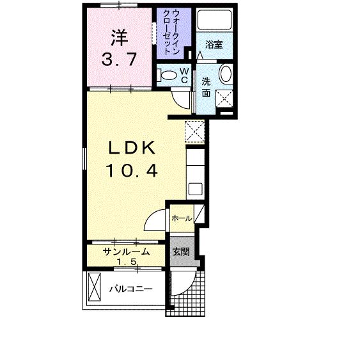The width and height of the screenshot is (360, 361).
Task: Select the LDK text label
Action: click(131, 148)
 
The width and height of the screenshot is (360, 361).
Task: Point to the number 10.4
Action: click(132, 171)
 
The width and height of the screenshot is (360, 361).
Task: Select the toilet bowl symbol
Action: click(169, 75)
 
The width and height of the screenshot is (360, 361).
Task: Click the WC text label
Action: click(183, 74)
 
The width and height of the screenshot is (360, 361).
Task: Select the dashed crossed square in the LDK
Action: click(194, 131)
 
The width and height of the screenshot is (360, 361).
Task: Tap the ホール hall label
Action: click(181, 219)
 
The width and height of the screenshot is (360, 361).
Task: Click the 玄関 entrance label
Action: click(180, 252)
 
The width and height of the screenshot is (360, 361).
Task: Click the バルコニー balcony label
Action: click(130, 289)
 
